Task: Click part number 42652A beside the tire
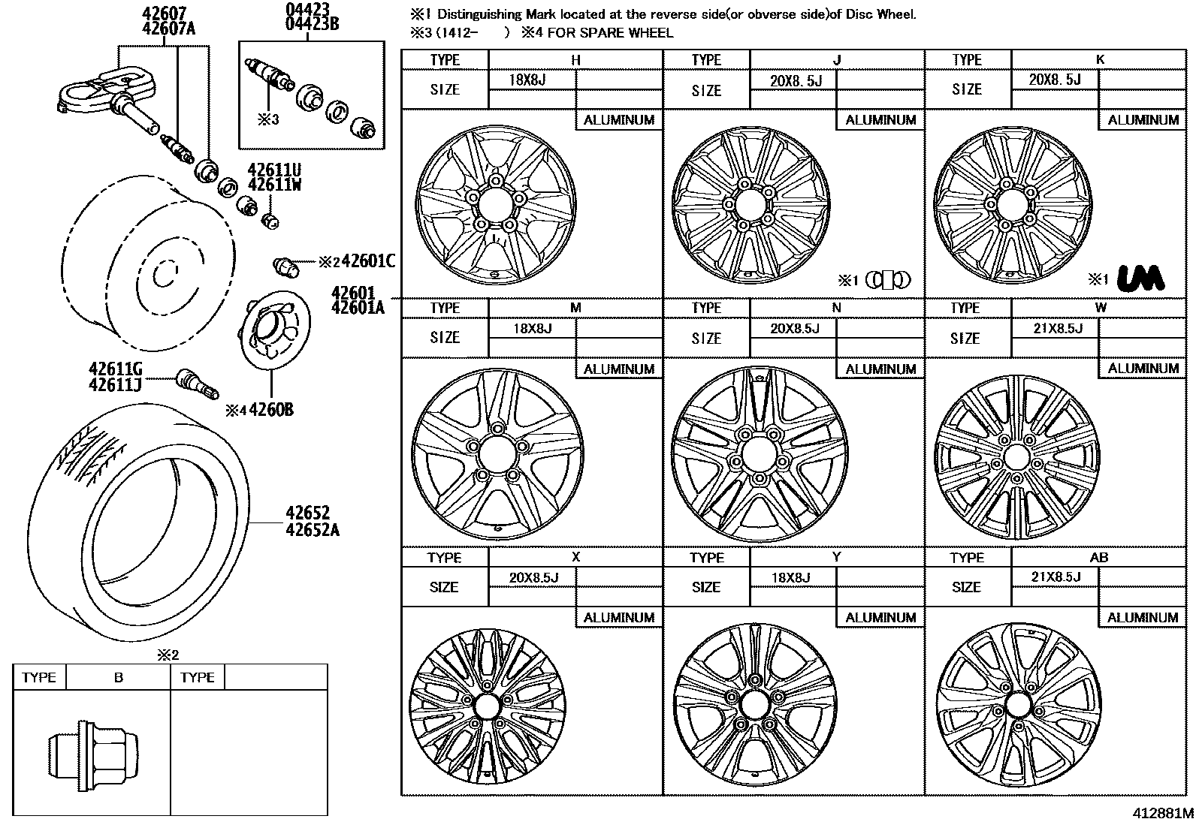coord(312,531)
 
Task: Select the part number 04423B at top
coord(312,25)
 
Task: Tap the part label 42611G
coord(115,369)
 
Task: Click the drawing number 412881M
coord(1163,813)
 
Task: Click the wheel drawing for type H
coord(494,204)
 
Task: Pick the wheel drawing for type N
coord(759,454)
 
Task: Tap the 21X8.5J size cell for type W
coord(1055,327)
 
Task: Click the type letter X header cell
coord(575,557)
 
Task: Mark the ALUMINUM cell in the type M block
coord(619,369)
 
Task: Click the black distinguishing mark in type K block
coord(1140,278)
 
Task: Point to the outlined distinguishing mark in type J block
coord(887,280)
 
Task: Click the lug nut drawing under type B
coord(93,753)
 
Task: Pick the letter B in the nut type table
coord(118,677)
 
